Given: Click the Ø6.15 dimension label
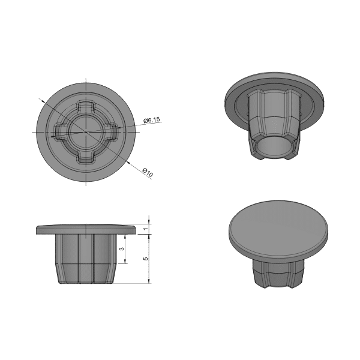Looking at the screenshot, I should click(152, 121).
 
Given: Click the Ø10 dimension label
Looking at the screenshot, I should click(148, 173).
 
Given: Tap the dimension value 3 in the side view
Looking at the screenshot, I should click(121, 248).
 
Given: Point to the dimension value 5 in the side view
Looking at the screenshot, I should click(145, 258).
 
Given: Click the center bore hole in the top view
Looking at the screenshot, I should click(86, 131).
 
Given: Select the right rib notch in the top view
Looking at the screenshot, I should click(112, 132).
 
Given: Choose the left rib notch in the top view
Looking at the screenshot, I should click(61, 132).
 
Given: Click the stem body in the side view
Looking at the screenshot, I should click(86, 258).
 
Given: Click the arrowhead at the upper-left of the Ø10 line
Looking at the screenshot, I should click(41, 100).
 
